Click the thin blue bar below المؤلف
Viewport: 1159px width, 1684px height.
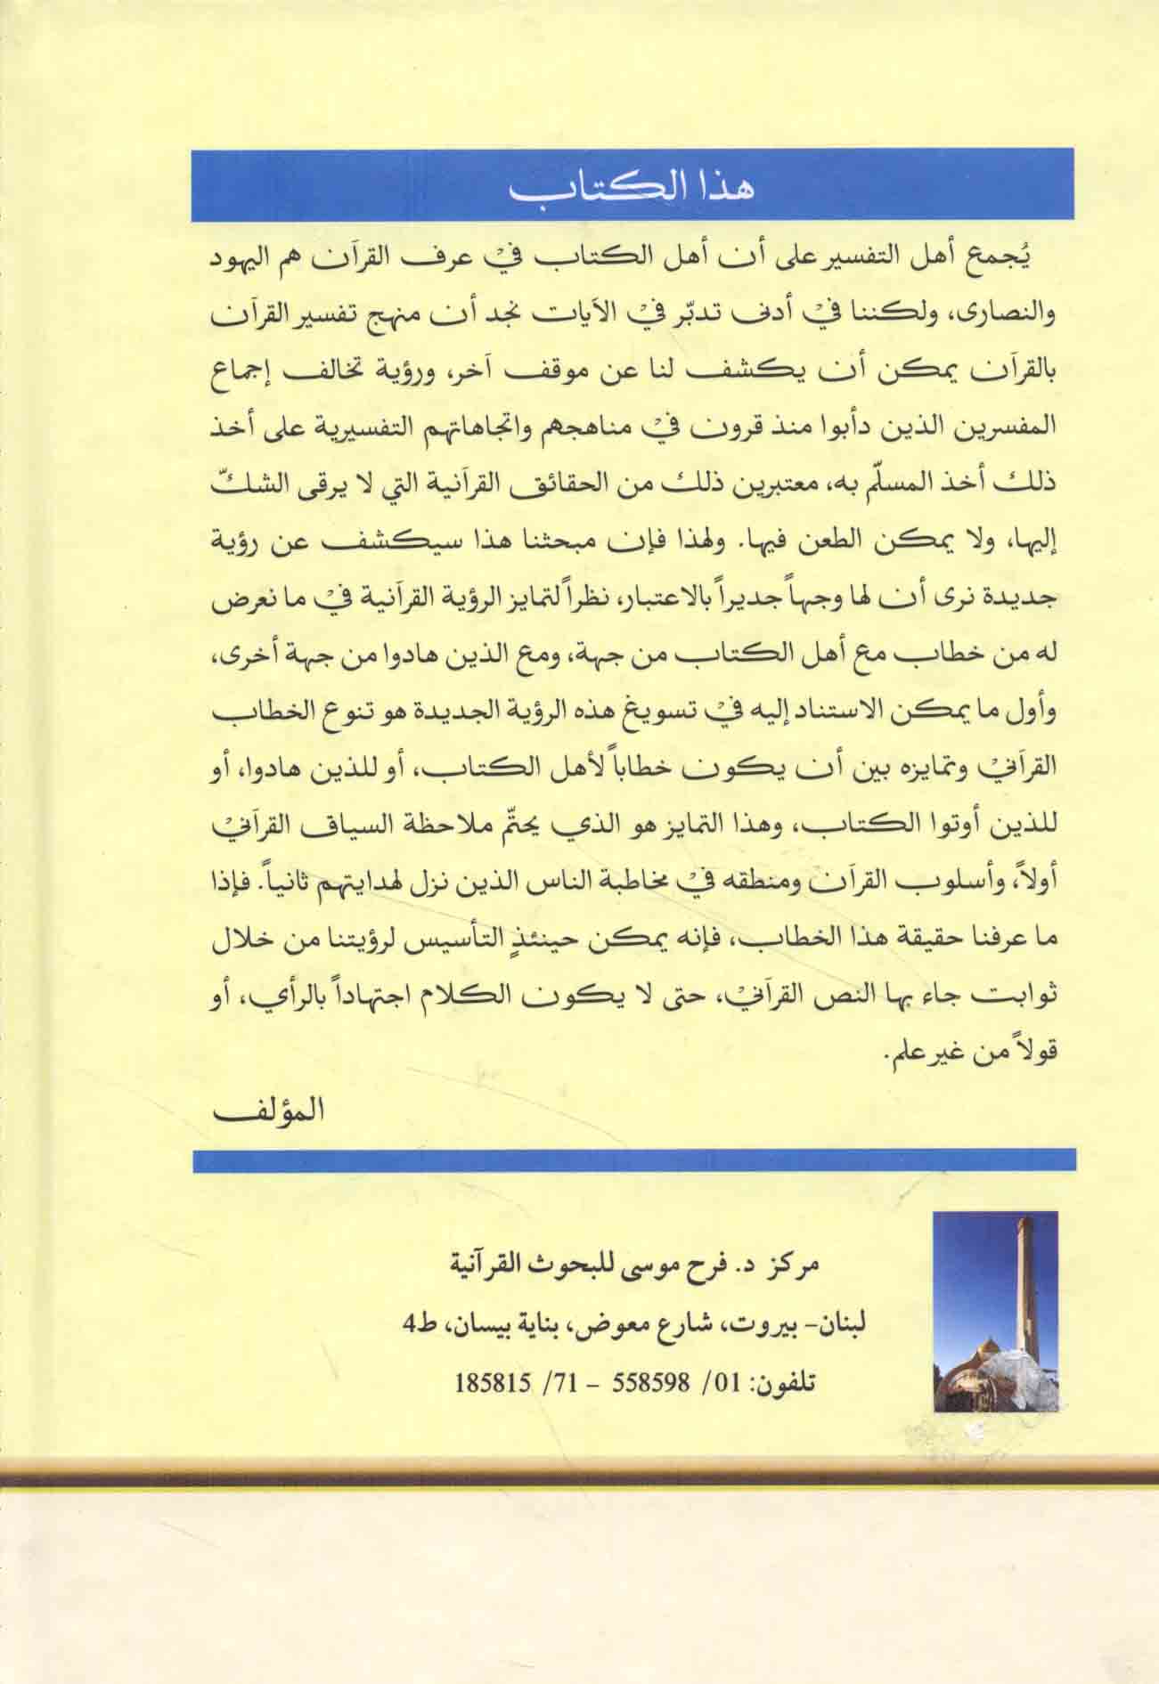coord(633,1160)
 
